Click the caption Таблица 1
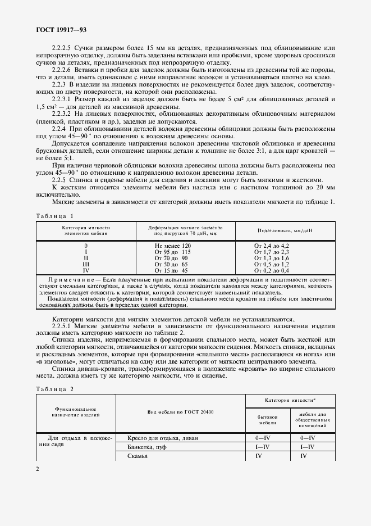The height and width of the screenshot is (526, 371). click(x=54, y=215)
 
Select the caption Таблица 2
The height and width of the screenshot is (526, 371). click(x=54, y=389)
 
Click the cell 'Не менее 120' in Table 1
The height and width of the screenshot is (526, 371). click(x=172, y=246)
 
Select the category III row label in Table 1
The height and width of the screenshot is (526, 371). click(x=86, y=264)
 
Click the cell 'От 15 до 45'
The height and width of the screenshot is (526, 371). click(x=171, y=270)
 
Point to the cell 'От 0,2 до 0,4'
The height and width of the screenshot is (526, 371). click(x=272, y=270)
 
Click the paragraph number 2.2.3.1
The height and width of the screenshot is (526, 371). click(x=63, y=99)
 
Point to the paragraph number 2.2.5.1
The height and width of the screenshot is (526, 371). click(x=63, y=325)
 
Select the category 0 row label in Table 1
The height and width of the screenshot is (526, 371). click(x=86, y=246)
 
